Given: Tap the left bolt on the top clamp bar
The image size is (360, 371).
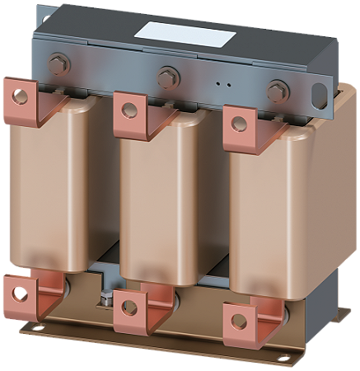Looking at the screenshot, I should click(60, 62).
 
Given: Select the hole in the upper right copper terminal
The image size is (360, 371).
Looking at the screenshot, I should click(238, 124).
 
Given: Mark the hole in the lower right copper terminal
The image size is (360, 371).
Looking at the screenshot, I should click(238, 320).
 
